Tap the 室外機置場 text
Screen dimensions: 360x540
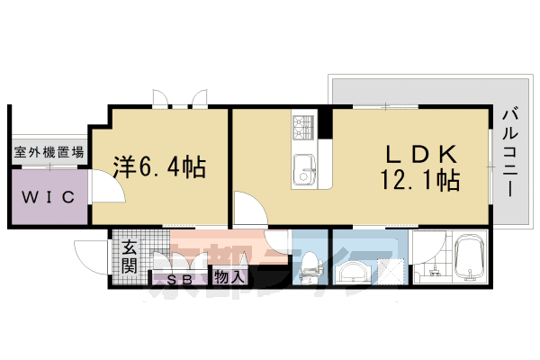point(49,153)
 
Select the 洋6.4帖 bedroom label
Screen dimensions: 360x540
point(158,166)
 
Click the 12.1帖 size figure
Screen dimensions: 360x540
point(419,181)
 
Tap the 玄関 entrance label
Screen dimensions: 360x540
point(129,253)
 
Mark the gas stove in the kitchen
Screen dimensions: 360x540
point(302,126)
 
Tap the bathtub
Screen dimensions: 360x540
point(471,259)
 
